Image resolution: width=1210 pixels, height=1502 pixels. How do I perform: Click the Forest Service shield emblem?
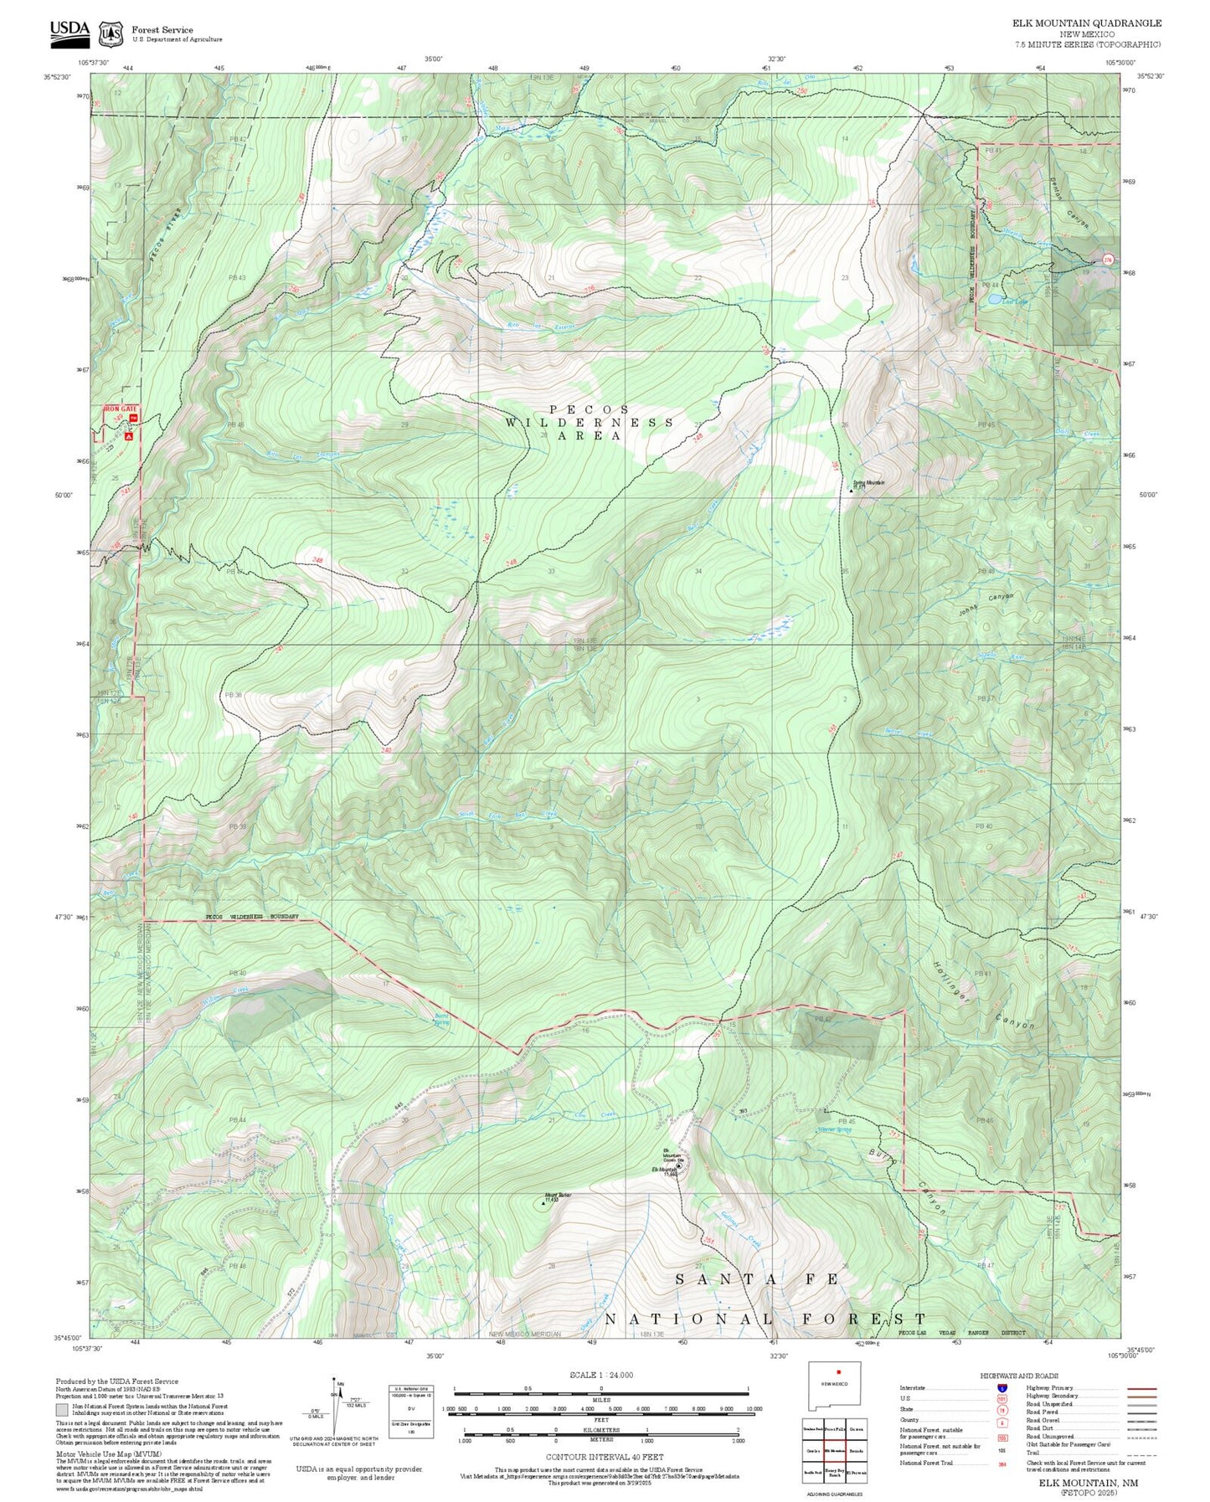pos(110,34)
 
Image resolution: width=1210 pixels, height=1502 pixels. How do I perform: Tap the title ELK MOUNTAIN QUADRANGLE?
pos(1086,23)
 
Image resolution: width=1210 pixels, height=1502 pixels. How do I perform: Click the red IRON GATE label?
pos(119,408)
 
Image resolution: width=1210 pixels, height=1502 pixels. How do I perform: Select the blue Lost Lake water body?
pos(991,299)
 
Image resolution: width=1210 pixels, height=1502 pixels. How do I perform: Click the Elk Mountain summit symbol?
pos(679,1165)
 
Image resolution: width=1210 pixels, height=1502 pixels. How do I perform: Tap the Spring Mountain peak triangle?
pos(852,490)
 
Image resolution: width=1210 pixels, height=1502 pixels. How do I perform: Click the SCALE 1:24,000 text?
pos(600,1375)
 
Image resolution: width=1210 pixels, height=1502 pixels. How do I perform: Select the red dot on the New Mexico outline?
pos(837,1371)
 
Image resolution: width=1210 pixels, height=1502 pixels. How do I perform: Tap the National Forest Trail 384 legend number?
pos(1001,1463)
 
